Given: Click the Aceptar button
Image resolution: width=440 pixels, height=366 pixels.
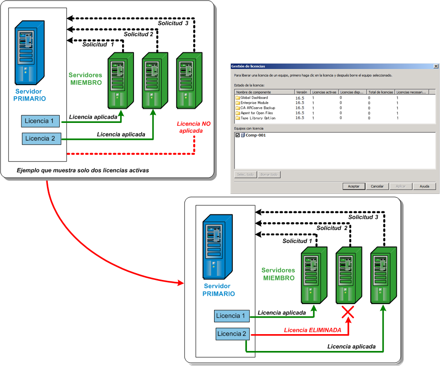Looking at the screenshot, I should tap(354, 186).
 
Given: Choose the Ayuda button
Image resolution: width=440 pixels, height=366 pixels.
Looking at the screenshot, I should tap(425, 186).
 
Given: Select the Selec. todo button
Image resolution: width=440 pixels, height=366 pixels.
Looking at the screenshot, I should tap(245, 174).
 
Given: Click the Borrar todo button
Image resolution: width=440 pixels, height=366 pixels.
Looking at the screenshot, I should tap(269, 174).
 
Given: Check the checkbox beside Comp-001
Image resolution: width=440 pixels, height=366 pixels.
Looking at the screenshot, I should tap(237, 135).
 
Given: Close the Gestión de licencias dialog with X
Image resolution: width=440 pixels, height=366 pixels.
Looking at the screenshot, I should tap(435, 66).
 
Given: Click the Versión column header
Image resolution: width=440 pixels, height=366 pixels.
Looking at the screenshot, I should tap(302, 92).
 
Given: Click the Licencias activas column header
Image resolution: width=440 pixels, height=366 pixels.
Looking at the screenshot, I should tap(324, 92).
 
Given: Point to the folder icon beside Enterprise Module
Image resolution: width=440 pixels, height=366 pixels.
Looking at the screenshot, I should tap(237, 103).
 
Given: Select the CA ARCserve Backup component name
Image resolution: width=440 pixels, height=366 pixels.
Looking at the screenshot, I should tap(257, 108).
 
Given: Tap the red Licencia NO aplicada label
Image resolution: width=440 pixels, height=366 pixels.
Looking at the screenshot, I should tap(193, 127).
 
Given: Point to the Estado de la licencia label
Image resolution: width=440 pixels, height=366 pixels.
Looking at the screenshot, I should tap(249, 85).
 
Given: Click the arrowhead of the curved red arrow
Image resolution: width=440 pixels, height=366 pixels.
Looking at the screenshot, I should tap(181, 283).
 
